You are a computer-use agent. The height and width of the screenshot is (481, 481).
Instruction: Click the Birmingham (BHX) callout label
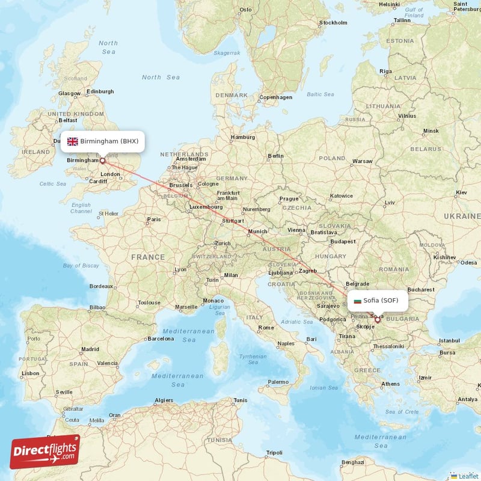tap(103, 141)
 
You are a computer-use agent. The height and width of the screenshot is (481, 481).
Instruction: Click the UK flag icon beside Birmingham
tap(73, 142)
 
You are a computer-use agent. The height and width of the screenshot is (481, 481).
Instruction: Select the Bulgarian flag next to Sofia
tap(358, 300)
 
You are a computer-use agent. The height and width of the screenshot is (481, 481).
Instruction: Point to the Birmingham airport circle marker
tap(102, 161)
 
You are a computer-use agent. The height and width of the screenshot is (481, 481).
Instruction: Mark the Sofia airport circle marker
tap(378, 320)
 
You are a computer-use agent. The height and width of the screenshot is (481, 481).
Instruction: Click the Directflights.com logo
tap(45, 452)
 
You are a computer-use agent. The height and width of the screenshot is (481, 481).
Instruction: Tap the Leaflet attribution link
tap(464, 476)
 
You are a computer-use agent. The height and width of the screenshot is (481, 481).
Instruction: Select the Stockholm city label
tap(333, 23)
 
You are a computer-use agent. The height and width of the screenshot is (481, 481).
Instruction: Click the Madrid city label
tap(90, 349)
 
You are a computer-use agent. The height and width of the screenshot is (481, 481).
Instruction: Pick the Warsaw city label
tap(362, 161)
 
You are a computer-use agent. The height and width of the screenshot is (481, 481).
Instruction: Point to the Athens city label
tap(390, 384)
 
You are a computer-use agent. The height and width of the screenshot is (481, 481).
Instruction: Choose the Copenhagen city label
tap(275, 97)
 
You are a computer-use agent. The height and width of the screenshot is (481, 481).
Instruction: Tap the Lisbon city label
tap(30, 373)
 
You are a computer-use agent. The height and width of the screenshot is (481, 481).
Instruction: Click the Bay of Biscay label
tap(81, 265)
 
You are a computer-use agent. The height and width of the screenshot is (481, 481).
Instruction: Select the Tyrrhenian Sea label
tap(253, 360)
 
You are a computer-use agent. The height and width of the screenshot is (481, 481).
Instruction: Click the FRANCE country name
tap(148, 257)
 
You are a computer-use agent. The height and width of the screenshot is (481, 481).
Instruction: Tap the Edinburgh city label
tap(100, 91)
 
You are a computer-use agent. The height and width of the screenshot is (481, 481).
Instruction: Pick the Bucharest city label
tap(420, 289)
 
